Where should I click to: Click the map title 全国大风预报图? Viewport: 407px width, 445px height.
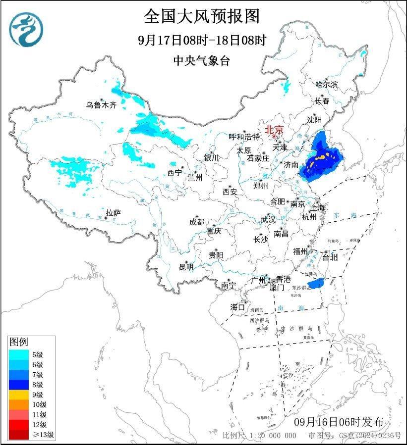click(202, 16)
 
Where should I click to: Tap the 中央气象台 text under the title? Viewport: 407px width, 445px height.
click(202, 61)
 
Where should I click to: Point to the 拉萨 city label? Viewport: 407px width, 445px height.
click(113, 213)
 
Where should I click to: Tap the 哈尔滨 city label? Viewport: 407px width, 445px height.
click(326, 85)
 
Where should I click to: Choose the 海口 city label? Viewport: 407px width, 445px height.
click(237, 307)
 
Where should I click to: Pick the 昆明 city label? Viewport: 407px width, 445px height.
click(186, 267)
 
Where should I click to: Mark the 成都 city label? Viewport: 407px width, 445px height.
click(197, 222)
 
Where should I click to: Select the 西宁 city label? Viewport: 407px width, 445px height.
click(174, 173)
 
